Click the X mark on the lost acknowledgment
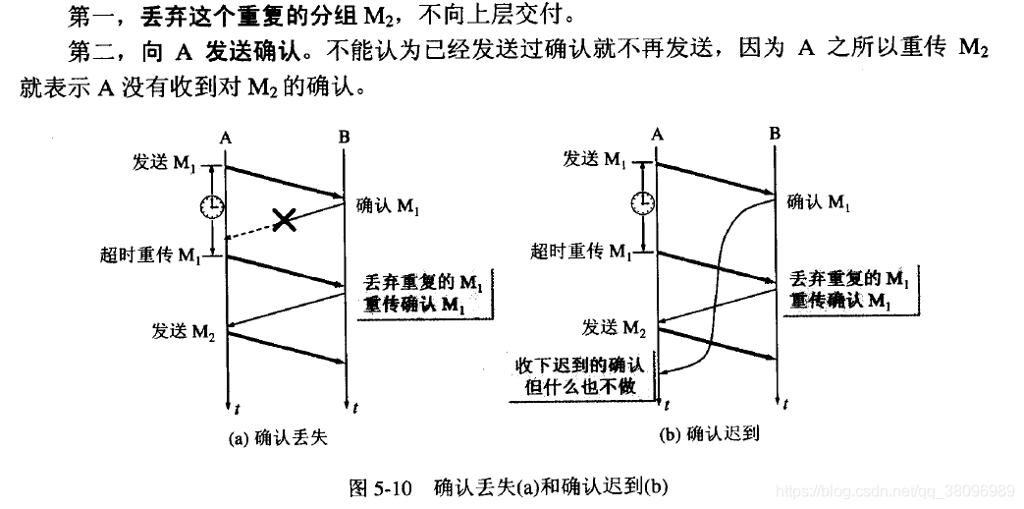pos(285,219)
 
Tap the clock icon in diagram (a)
pos(211,206)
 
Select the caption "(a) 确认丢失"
pos(277,439)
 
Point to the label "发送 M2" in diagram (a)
pos(184,329)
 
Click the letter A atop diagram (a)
pos(226,136)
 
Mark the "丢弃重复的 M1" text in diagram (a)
pos(423,282)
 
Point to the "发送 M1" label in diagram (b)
pos(594,158)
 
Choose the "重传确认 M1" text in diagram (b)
pos(848,301)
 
